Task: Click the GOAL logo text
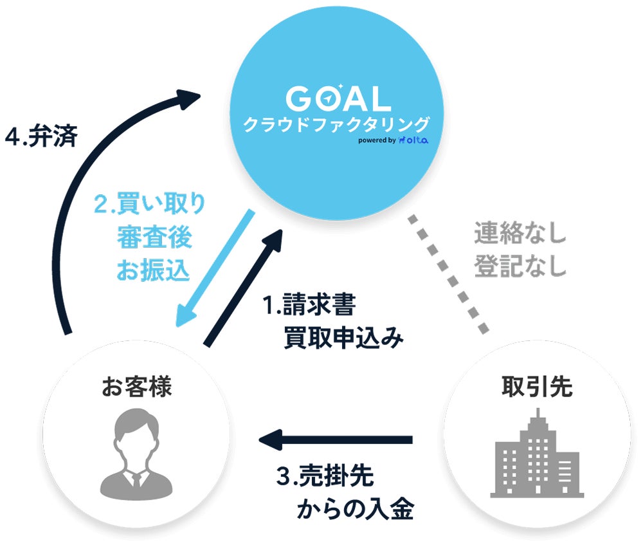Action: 338,98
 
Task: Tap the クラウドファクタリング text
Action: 336,124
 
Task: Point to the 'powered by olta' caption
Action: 394,140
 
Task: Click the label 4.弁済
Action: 41,135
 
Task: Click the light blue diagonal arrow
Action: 215,269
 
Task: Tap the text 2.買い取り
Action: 150,203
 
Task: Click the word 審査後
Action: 154,237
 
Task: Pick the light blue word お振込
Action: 154,270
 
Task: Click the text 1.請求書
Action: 309,304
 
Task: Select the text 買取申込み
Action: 343,338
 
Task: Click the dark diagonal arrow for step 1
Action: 243,288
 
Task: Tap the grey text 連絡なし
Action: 520,233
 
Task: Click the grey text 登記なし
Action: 520,266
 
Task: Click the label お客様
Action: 136,387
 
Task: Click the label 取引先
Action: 537,387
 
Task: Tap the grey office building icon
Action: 537,453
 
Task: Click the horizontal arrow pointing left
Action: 336,440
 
